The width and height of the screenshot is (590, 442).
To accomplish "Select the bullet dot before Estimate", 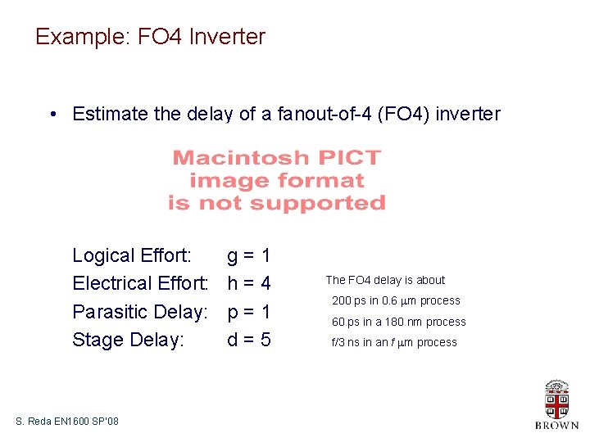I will (x=52, y=115).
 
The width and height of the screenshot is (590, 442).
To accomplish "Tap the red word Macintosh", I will (x=232, y=157).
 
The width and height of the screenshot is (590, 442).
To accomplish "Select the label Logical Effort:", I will (x=132, y=256).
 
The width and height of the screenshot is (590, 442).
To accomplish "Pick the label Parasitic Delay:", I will (x=138, y=312).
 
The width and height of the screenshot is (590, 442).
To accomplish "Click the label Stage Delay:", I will (x=128, y=340).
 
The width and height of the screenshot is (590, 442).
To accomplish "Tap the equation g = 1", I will (x=248, y=256).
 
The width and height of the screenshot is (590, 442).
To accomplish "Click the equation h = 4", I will (x=248, y=284).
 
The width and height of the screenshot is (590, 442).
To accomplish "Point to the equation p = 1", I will (x=248, y=312).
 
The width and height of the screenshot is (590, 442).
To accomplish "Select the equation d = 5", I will (x=248, y=340).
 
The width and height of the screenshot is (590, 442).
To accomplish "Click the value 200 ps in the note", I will (x=349, y=301).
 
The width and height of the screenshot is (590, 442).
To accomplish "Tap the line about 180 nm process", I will (x=398, y=322).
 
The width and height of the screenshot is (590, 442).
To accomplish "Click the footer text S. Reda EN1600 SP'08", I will (x=67, y=421).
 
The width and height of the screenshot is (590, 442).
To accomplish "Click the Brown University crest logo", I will (x=556, y=399).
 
